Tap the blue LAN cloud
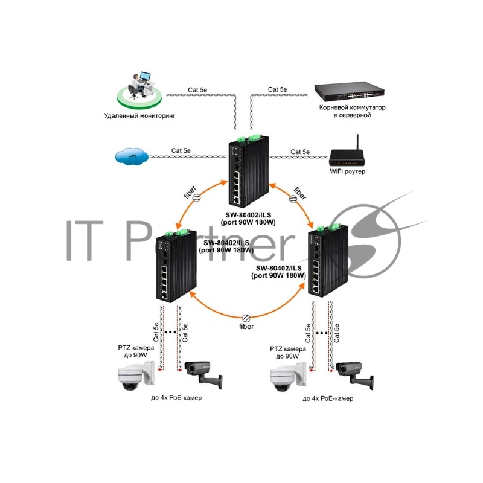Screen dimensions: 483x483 tap(131, 157)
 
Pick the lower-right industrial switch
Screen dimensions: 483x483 tap(327, 261)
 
